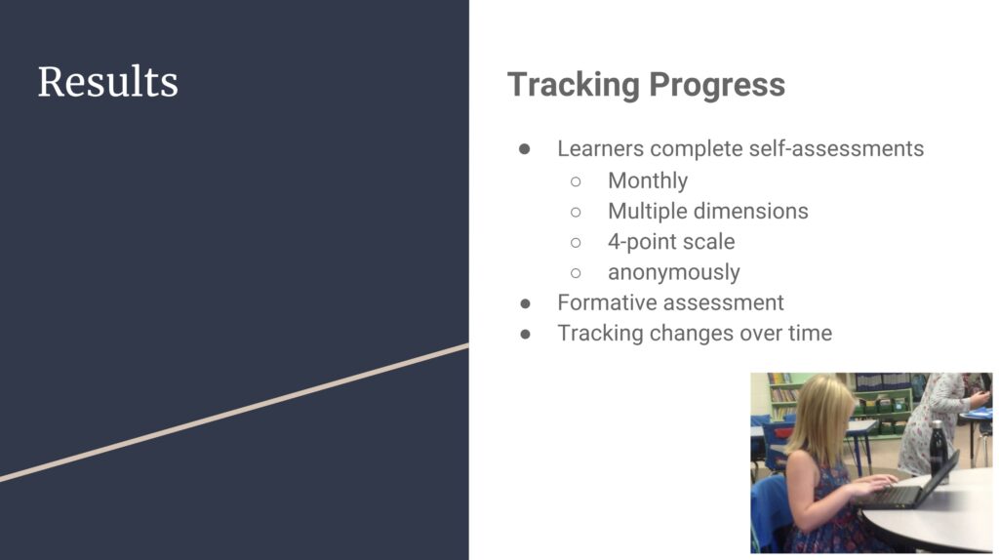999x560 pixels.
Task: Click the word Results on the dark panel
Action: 107,82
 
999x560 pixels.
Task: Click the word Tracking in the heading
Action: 574,86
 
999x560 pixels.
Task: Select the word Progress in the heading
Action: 717,86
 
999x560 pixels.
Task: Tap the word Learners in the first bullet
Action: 600,148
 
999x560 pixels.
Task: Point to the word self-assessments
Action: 836,148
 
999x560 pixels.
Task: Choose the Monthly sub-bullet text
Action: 648,180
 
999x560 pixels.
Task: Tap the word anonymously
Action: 673,272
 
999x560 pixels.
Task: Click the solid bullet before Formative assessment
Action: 525,303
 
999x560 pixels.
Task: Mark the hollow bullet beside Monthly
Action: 576,181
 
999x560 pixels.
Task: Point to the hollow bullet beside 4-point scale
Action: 576,243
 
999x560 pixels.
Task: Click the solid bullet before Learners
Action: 524,149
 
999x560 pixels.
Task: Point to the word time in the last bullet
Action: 810,334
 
